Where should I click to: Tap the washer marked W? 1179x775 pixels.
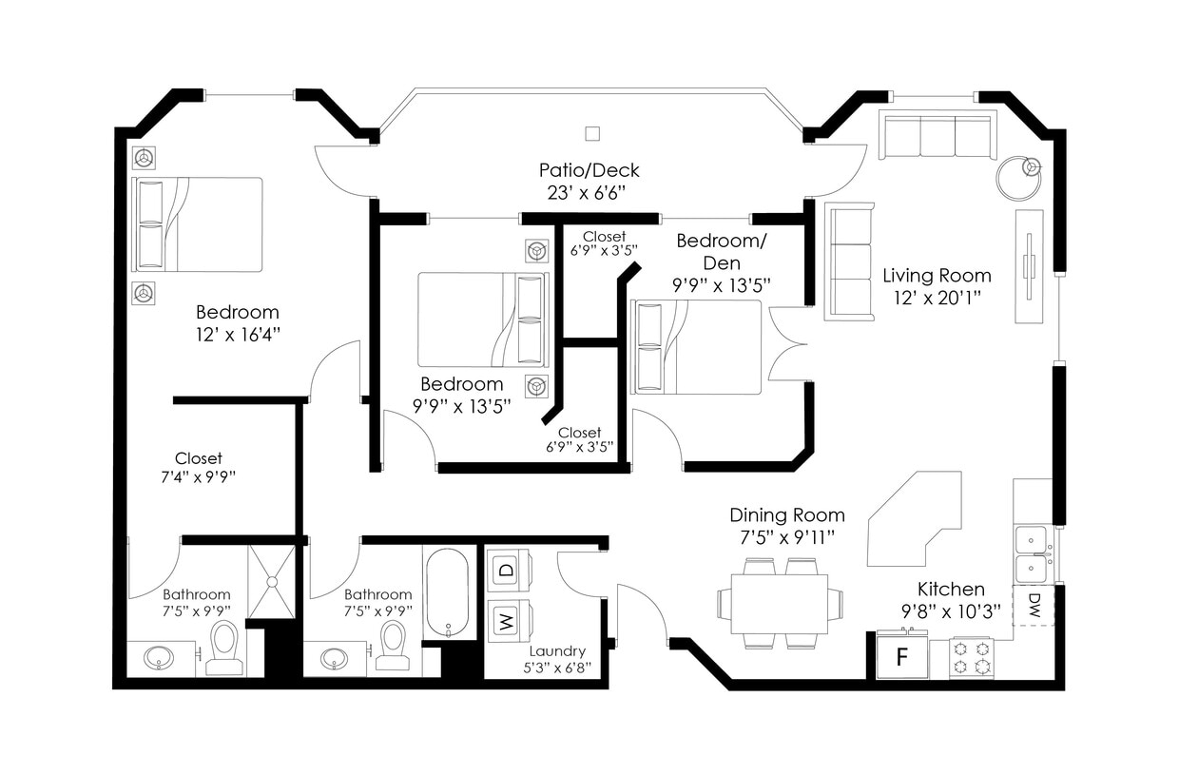click(x=508, y=623)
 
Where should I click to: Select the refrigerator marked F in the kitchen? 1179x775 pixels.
click(x=901, y=657)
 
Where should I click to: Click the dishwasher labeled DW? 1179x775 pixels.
click(x=1034, y=606)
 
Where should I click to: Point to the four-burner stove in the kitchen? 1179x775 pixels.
click(x=972, y=656)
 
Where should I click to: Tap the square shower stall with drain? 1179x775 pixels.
click(x=272, y=580)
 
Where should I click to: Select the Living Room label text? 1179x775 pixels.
click(x=937, y=276)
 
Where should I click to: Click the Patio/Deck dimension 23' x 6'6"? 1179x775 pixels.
click(x=589, y=191)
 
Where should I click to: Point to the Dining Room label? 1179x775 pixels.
click(x=786, y=514)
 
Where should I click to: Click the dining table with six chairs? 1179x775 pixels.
click(x=779, y=604)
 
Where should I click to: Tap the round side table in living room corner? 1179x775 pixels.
click(x=1019, y=176)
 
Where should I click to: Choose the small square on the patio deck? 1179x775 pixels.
click(x=593, y=133)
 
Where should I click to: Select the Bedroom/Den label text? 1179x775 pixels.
click(x=721, y=251)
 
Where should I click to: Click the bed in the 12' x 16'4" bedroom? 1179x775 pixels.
click(x=199, y=224)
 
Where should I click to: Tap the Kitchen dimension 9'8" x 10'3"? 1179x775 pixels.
click(x=951, y=612)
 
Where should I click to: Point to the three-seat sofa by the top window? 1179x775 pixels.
click(x=937, y=137)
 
